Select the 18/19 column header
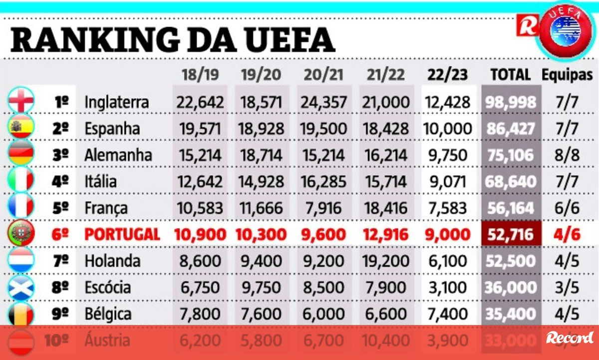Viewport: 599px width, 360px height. pyautogui.click(x=200, y=75)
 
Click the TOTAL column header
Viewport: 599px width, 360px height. pyautogui.click(x=510, y=75)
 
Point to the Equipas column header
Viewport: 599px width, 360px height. pyautogui.click(x=568, y=75)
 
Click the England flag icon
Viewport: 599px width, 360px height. pyautogui.click(x=21, y=102)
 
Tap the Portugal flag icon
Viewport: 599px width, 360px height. pyautogui.click(x=21, y=234)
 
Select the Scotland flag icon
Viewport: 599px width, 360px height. pyautogui.click(x=21, y=287)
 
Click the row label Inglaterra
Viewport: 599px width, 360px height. pyautogui.click(x=116, y=102)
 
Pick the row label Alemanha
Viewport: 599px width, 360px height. pyautogui.click(x=118, y=155)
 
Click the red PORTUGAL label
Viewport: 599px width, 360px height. pyautogui.click(x=122, y=234)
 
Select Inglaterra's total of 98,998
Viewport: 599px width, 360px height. pyautogui.click(x=510, y=102)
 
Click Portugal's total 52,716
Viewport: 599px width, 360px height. pyautogui.click(x=510, y=234)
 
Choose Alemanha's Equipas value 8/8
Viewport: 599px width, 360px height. pyautogui.click(x=568, y=155)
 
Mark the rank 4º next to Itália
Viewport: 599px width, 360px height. pyautogui.click(x=60, y=181)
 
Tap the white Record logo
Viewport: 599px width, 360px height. pyautogui.click(x=570, y=338)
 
